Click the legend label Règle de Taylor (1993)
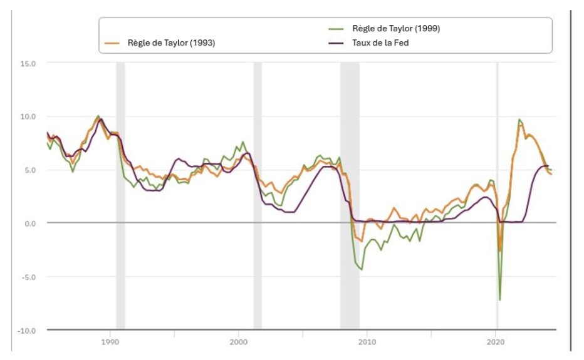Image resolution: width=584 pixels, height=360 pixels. coord(170,43)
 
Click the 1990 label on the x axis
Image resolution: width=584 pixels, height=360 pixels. coord(110,341)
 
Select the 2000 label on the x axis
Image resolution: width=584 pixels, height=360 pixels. coord(239,341)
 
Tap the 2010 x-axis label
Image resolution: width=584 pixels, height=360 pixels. coord(367,341)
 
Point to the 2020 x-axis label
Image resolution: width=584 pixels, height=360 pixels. coord(496,341)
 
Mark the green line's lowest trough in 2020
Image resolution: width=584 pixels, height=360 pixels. coord(499,300)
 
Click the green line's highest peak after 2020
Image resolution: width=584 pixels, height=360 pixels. coord(519,120)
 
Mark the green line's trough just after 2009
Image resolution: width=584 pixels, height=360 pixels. coord(362,269)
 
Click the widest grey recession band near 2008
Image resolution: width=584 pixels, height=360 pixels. coord(350,188)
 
